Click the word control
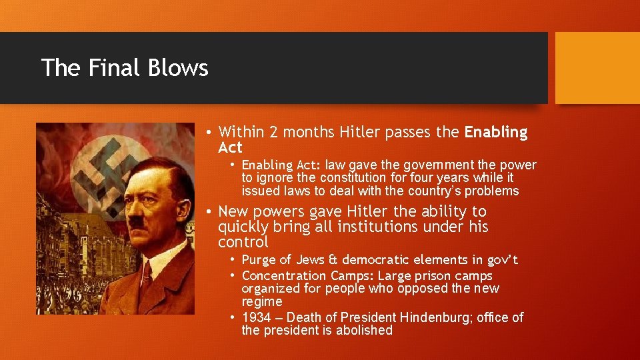pyautogui.click(x=243, y=242)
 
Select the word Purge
pyautogui.click(x=259, y=260)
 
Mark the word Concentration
pyautogui.click(x=284, y=276)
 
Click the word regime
pyautogui.click(x=261, y=302)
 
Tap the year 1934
pyautogui.click(x=257, y=318)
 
